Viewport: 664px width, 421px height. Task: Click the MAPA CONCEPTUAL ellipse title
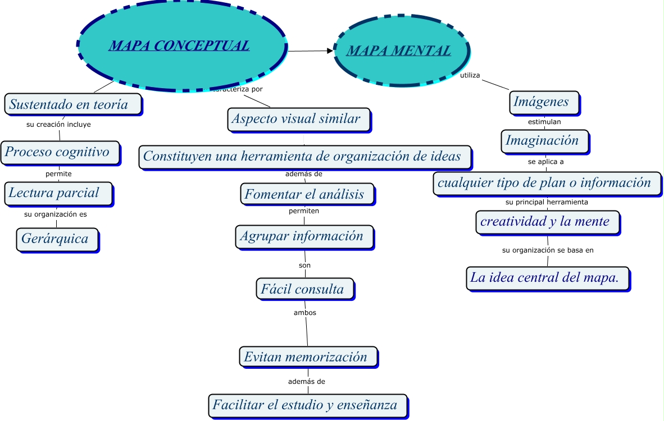click(179, 45)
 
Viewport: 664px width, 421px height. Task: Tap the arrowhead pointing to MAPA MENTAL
click(330, 51)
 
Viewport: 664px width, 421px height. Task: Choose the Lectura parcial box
click(58, 193)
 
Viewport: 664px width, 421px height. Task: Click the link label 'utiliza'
click(470, 75)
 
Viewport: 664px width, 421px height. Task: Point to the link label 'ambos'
click(305, 313)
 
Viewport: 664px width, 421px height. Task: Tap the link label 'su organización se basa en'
click(548, 250)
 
